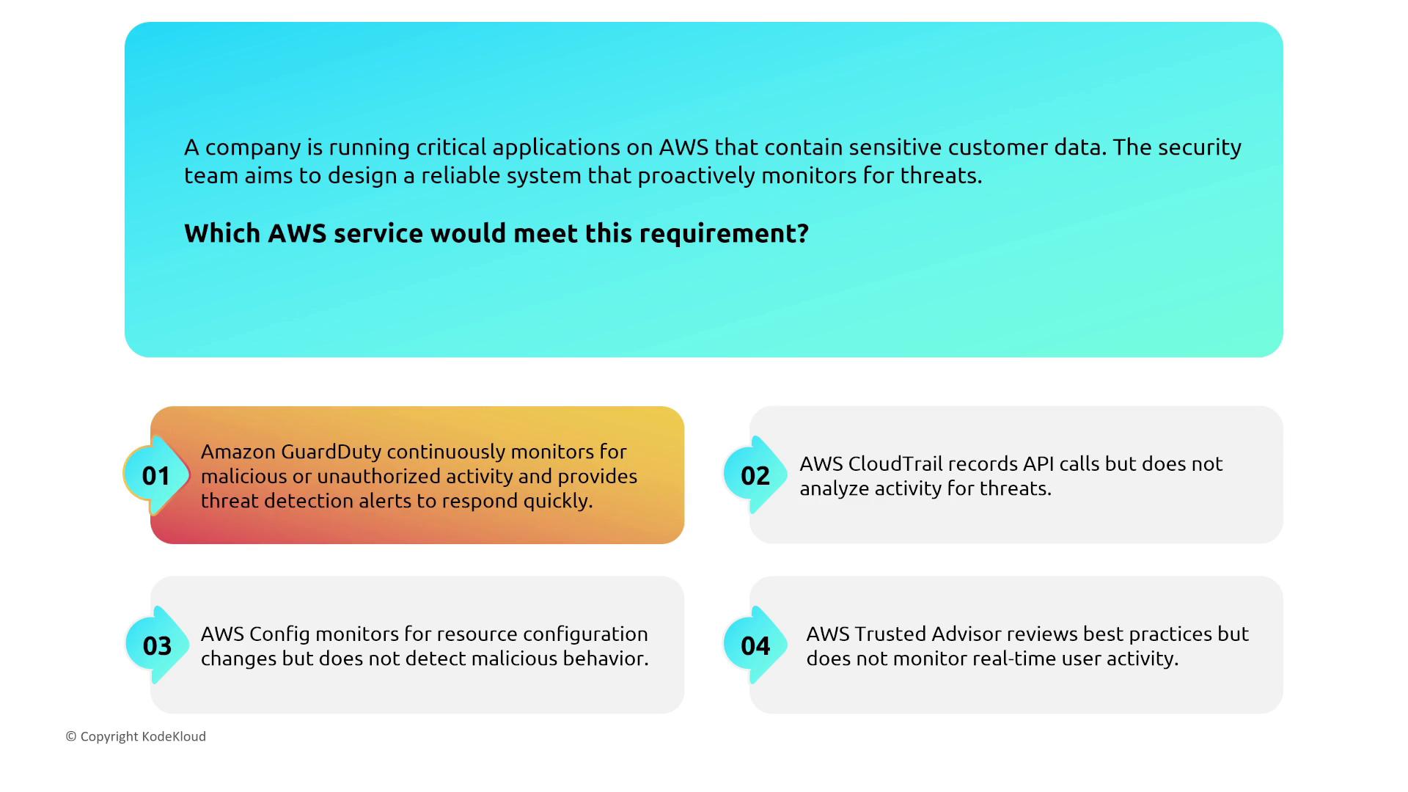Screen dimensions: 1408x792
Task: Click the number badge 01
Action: (x=156, y=475)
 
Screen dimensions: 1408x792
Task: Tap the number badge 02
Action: (x=755, y=475)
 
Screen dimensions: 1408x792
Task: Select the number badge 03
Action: (x=156, y=645)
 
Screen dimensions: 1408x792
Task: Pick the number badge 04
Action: (x=755, y=645)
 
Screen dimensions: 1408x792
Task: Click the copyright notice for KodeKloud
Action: (x=136, y=736)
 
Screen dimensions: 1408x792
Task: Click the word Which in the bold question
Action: (x=222, y=233)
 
